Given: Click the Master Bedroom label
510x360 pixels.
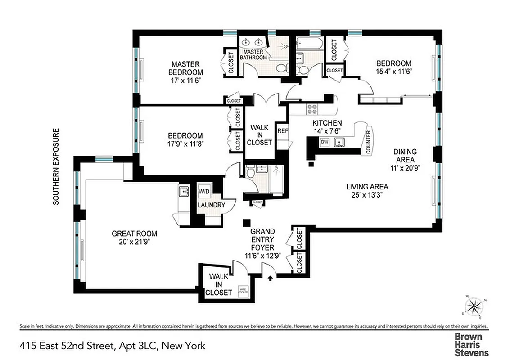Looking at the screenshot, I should pos(185,68).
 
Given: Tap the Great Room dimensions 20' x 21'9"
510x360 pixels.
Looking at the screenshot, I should pos(135,242).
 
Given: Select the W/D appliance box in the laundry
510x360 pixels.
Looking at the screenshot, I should pos(204,192).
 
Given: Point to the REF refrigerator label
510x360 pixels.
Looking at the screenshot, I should pos(282,131).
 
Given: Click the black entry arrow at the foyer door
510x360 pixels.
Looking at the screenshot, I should pos(270,278).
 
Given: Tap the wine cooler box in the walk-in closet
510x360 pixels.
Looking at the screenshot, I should pos(243,290).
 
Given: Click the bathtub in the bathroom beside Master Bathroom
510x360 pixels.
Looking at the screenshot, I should pos(308,45).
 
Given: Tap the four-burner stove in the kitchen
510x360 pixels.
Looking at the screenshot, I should pos(311,109).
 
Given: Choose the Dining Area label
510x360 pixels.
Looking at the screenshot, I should pos(405,155).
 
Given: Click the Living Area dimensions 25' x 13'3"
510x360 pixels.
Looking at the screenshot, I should pos(367,195).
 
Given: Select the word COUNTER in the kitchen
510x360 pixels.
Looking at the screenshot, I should pos(368,143).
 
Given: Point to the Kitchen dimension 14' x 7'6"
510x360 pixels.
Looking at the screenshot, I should pos(327,131).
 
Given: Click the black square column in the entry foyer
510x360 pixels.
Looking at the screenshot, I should pos(246,223).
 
